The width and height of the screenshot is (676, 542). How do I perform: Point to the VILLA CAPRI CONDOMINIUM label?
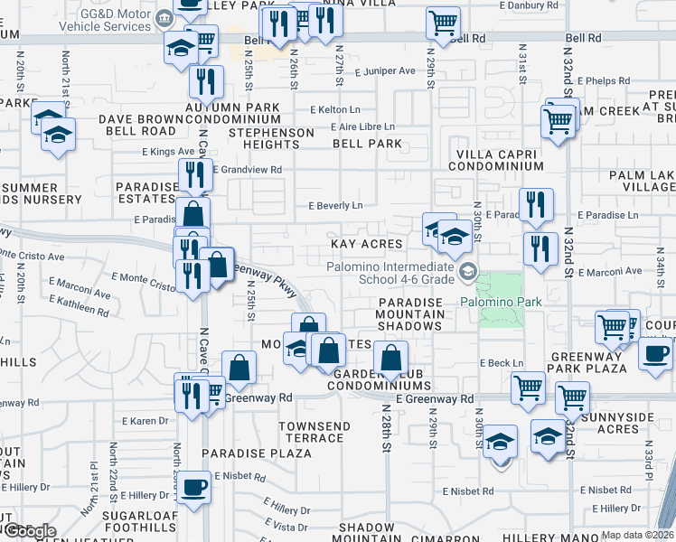(x=499, y=160)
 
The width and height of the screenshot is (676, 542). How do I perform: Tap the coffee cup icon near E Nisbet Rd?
(x=194, y=488)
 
